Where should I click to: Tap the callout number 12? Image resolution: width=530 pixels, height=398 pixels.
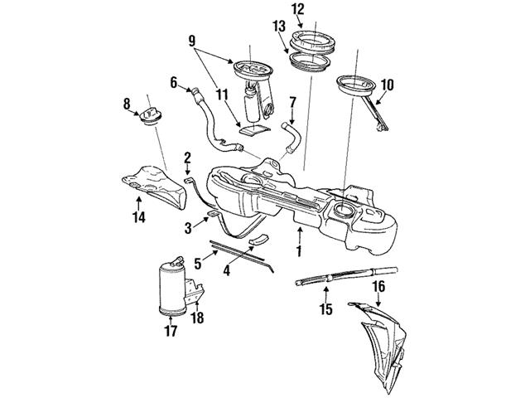click(297, 10)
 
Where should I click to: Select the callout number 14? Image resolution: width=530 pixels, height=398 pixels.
click(138, 218)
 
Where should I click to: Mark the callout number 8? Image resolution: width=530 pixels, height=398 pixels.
click(127, 104)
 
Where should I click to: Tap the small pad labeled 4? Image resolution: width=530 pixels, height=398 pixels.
click(259, 240)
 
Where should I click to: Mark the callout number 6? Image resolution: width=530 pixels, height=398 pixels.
click(174, 82)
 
